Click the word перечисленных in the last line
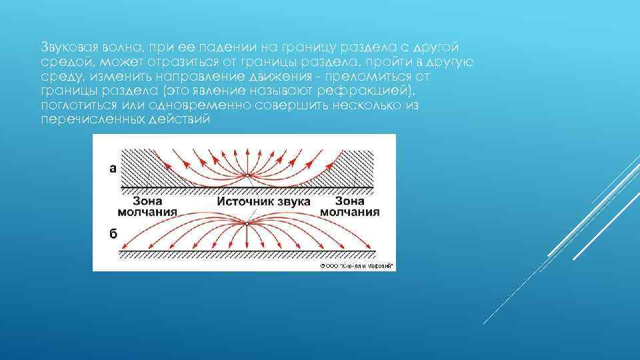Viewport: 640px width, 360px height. pos(85,119)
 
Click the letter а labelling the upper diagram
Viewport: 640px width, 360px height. pos(113,169)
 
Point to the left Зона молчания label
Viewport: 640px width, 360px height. pos(147,206)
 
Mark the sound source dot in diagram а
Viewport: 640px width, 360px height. pos(247,175)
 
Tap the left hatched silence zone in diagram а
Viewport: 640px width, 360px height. pos(137,163)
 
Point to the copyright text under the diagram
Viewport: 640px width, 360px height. pos(357,265)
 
